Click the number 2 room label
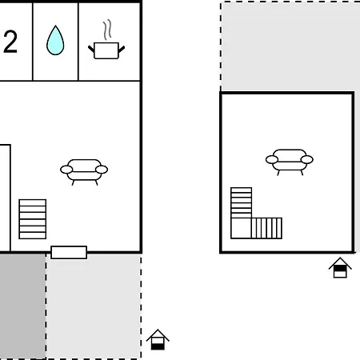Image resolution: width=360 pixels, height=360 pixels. (10, 42)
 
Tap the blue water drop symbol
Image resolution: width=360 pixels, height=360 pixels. (55, 40)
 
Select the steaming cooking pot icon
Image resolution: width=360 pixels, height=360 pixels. (106, 39)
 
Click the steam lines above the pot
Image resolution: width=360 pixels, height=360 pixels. (107, 30)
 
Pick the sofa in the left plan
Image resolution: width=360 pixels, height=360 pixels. (84, 172)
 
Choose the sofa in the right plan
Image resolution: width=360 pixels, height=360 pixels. (290, 162)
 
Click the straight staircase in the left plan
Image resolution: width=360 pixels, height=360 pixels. (33, 219)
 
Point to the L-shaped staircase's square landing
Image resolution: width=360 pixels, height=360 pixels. (241, 228)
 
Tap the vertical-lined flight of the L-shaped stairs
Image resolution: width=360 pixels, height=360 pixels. (266, 228)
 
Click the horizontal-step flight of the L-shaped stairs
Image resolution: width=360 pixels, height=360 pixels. (241, 203)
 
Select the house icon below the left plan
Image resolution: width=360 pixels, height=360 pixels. (158, 340)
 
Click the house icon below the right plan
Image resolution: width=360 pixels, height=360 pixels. (340, 268)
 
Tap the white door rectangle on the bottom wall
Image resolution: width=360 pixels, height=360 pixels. (69, 252)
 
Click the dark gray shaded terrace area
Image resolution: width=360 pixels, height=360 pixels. (22, 306)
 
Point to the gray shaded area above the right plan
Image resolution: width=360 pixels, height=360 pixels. (290, 46)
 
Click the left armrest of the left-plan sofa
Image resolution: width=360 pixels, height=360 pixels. (66, 170)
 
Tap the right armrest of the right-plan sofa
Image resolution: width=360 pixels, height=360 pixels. (307, 159)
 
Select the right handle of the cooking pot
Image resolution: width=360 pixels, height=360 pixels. (122, 49)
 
